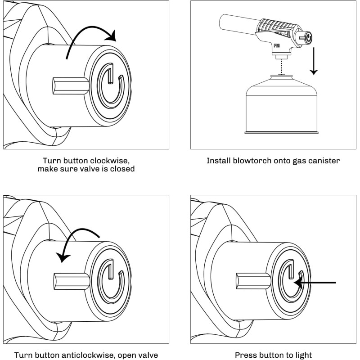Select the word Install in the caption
click(219, 161)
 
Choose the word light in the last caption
click(302, 355)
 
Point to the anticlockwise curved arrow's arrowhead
click(63, 257)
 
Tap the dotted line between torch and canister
click(281, 67)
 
